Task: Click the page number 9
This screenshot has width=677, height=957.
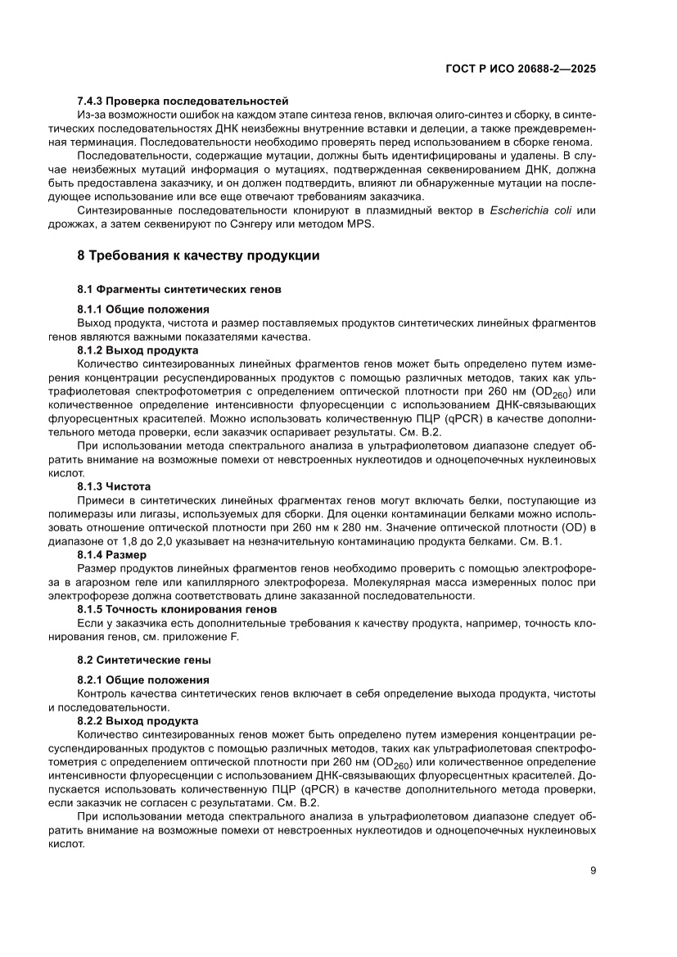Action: pos(593,870)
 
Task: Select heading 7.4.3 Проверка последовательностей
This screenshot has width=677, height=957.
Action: pos(183,100)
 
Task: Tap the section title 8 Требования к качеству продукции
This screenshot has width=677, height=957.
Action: pos(198,255)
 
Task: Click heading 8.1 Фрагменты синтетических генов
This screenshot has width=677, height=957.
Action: pos(179,290)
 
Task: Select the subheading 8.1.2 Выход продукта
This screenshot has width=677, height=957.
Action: pos(137,349)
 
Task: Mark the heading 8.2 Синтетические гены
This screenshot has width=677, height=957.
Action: pos(144,660)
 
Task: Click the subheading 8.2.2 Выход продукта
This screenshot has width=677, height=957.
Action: pos(137,720)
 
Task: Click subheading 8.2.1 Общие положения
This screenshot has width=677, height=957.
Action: pos(143,679)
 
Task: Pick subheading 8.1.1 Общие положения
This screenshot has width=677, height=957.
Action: pos(143,309)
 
